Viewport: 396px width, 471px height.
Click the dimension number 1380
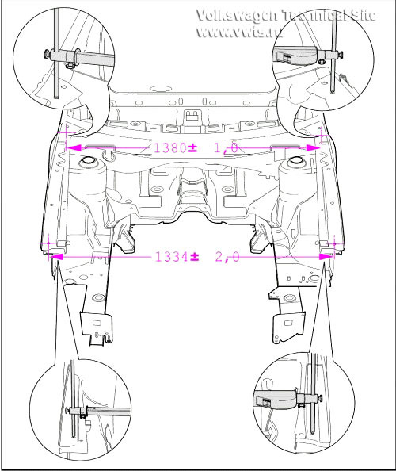point(170,147)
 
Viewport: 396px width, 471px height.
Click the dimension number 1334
point(172,257)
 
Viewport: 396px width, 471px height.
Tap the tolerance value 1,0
point(227,147)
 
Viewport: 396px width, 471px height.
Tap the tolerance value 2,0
point(227,257)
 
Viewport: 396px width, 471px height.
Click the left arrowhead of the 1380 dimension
point(74,147)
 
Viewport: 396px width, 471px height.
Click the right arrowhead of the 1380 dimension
point(313,147)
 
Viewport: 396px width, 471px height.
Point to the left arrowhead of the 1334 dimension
point(57,257)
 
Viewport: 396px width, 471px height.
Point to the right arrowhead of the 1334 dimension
point(326,257)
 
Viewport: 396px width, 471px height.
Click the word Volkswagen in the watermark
point(237,15)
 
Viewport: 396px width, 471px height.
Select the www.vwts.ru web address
point(239,31)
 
